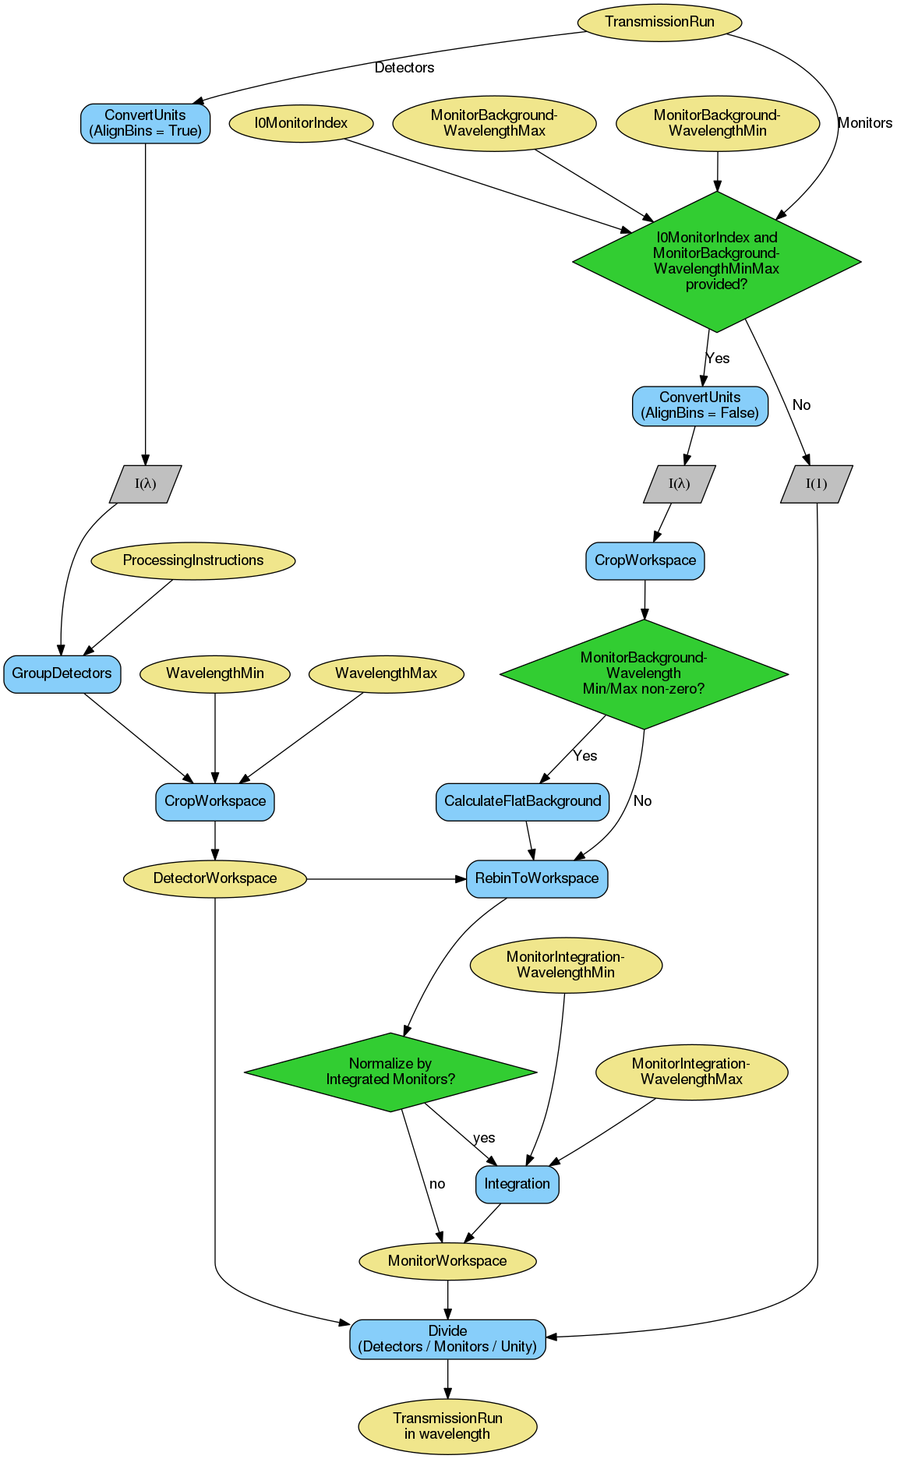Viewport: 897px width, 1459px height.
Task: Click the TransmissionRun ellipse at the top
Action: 659,22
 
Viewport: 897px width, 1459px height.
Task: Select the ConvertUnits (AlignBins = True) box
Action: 145,123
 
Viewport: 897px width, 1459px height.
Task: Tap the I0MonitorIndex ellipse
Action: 301,123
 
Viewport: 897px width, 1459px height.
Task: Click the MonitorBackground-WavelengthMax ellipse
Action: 494,123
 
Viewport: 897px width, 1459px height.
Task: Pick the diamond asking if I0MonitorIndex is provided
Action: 716,261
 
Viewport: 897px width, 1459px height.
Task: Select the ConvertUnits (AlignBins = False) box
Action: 700,405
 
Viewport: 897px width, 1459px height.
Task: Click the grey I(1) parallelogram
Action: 816,484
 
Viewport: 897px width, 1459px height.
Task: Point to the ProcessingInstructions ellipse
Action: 193,560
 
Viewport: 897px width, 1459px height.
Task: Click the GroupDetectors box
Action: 62,674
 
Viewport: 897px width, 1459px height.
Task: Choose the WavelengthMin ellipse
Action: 215,673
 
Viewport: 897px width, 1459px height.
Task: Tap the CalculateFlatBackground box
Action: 522,801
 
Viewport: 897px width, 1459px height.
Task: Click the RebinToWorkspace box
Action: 537,878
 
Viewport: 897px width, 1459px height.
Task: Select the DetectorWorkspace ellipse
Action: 215,878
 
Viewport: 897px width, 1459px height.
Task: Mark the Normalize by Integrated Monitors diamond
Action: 390,1072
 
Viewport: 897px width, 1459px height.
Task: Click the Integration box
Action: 517,1184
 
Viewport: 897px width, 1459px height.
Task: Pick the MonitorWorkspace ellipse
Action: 447,1261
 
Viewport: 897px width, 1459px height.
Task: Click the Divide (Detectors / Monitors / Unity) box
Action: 447,1339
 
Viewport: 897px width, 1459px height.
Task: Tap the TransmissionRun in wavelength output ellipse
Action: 447,1426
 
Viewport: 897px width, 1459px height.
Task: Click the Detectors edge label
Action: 404,68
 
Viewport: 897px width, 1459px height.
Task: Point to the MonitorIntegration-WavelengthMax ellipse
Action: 691,1072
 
